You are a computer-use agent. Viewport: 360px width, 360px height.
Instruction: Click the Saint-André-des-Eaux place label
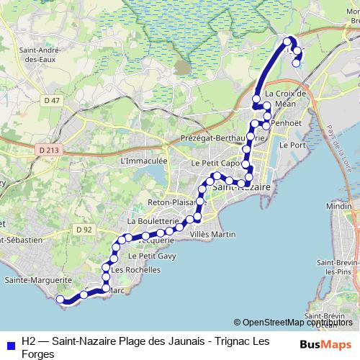coord(40,55)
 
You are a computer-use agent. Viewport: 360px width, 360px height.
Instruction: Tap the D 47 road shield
coord(51,101)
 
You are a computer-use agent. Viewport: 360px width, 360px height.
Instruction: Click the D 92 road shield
coord(85,230)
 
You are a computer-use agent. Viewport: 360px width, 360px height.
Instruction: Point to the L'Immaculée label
coord(144,161)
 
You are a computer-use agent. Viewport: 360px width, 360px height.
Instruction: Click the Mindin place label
coord(339,206)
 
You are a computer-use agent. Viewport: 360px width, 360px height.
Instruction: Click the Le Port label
coord(292,145)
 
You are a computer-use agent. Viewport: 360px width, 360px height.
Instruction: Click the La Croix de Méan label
coord(286,99)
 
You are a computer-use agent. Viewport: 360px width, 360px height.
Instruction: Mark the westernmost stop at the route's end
coord(60,300)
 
